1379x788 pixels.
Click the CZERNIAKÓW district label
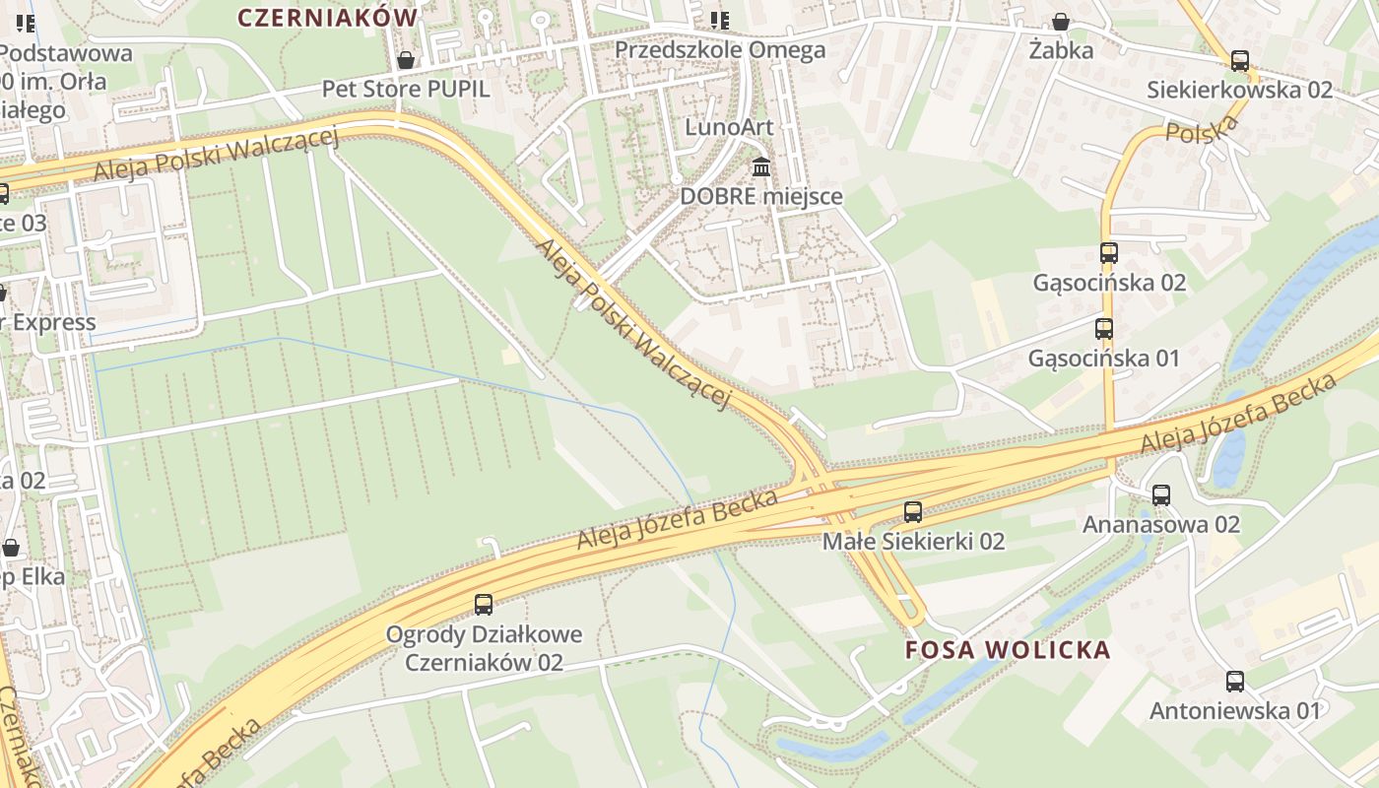point(328,17)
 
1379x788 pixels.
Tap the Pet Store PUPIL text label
point(406,89)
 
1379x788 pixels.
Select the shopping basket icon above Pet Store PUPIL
point(405,61)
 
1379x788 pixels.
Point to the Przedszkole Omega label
point(720,49)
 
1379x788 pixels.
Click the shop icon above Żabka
point(1061,22)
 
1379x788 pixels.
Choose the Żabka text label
point(1061,50)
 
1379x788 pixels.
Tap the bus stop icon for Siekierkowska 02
point(1240,61)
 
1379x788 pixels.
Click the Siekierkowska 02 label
point(1239,90)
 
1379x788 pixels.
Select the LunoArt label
point(729,127)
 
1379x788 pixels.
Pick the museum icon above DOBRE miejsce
point(761,166)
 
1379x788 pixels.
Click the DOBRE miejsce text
point(761,196)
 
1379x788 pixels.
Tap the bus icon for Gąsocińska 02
point(1109,253)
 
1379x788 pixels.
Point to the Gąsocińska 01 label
point(1103,358)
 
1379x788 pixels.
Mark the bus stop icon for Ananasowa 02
point(1161,495)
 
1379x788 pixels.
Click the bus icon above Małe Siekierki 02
point(913,512)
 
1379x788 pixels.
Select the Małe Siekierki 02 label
point(913,541)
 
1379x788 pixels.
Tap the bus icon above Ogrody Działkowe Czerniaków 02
point(484,605)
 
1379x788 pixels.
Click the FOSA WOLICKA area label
point(1008,650)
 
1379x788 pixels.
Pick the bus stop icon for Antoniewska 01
point(1235,682)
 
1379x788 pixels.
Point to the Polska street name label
point(1202,128)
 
